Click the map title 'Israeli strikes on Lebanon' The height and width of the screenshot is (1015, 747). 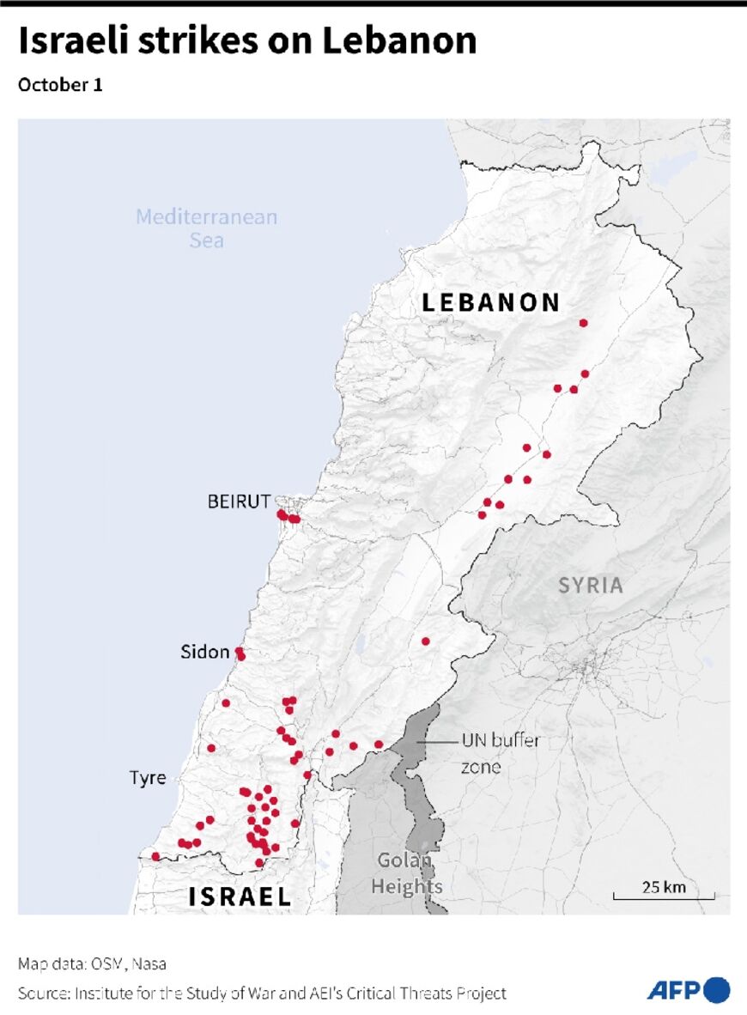pos(247,41)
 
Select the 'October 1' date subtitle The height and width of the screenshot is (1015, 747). pos(60,86)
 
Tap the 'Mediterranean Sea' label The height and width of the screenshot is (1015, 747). pos(207,228)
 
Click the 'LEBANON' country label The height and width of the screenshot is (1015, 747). pos(491,302)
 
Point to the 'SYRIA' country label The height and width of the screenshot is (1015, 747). pos(591,586)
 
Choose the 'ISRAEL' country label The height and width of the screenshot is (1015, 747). pos(240,897)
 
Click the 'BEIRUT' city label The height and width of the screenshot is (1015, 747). pos(239,501)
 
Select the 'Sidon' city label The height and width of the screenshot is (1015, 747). pos(204,653)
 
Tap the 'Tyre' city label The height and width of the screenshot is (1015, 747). pos(148,778)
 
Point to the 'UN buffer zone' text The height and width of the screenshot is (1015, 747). pos(500,753)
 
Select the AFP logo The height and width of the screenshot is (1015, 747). pos(688,990)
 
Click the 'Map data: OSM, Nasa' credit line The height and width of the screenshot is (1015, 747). pos(92,964)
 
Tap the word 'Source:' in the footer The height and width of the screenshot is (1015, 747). pos(44,994)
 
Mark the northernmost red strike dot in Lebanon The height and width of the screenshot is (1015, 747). pos(584,323)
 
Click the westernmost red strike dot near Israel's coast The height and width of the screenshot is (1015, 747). pos(155,856)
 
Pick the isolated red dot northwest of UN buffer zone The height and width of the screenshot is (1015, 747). pos(425,641)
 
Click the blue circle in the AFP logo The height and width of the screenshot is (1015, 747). pos(717,990)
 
